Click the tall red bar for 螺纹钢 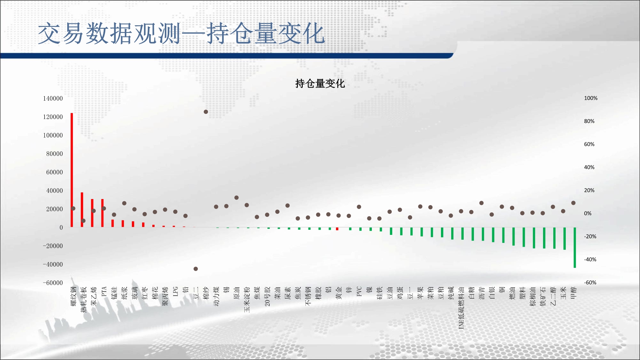tap(72, 170)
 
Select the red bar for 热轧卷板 tap(82, 210)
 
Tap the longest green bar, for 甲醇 tap(575, 247)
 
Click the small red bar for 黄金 tap(337, 229)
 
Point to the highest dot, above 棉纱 tap(206, 112)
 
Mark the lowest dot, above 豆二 tap(196, 269)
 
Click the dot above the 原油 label tap(236, 198)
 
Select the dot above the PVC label tap(359, 207)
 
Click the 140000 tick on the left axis tap(53, 98)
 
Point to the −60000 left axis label tap(53, 283)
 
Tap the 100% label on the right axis tap(591, 98)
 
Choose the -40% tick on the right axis tap(590, 260)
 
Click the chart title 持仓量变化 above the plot tap(320, 84)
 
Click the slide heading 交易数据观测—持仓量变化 tap(181, 33)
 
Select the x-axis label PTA tap(104, 292)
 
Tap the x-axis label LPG tap(175, 292)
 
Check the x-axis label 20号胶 tap(267, 296)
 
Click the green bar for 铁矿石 tap(544, 238)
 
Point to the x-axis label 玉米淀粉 tap(247, 300)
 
